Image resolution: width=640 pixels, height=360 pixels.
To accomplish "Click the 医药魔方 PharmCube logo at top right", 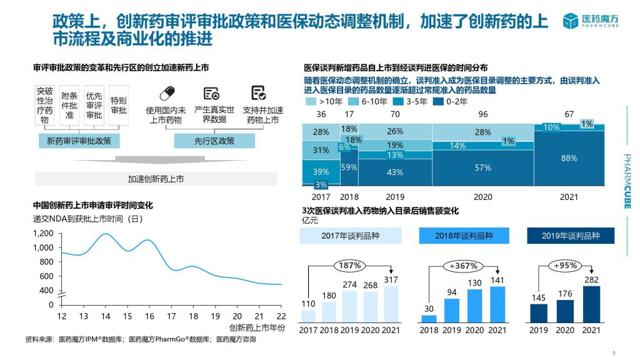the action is pyautogui.click(x=591, y=21).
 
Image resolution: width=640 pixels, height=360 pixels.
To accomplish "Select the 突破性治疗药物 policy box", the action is pyautogui.click(x=44, y=105).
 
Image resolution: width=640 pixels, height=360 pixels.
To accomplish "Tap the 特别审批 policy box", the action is pyautogui.click(x=119, y=105).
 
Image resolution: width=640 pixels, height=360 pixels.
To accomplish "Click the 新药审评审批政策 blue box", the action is pyautogui.click(x=79, y=141).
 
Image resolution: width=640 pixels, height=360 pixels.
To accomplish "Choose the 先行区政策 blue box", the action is pyautogui.click(x=214, y=141).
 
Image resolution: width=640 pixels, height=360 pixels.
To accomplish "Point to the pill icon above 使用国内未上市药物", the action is pyautogui.click(x=167, y=94).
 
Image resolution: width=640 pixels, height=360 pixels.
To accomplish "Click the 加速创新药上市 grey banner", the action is pyautogui.click(x=156, y=179).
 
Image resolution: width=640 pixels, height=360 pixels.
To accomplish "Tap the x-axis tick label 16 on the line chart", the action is pyautogui.click(x=149, y=316).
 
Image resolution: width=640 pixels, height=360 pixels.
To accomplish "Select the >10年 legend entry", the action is pyautogui.click(x=324, y=101).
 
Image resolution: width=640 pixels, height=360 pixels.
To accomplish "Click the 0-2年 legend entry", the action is pyautogui.click(x=451, y=101).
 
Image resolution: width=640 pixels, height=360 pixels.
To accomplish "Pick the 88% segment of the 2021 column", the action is pyautogui.click(x=569, y=158).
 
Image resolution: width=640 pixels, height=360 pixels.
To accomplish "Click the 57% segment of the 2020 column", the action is pyautogui.click(x=483, y=167).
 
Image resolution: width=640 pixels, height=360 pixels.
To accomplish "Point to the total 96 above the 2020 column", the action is pyautogui.click(x=483, y=114).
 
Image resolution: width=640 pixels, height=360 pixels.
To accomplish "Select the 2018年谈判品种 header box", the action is pyautogui.click(x=464, y=236).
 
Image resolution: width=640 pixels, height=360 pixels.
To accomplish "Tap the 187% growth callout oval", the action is pyautogui.click(x=350, y=266).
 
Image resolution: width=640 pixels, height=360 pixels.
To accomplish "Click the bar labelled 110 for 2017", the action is pyautogui.click(x=308, y=316).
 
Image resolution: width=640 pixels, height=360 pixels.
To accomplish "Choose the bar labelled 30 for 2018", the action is pyautogui.click(x=429, y=318).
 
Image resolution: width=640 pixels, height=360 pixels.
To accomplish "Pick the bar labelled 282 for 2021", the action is pyautogui.click(x=591, y=304).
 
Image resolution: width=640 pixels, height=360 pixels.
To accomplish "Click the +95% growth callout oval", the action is pyautogui.click(x=565, y=266).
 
